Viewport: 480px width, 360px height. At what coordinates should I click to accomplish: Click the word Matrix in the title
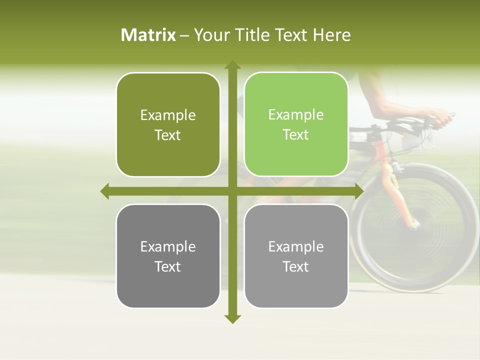click(x=148, y=35)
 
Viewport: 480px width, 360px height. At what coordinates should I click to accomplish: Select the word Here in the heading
click(x=332, y=35)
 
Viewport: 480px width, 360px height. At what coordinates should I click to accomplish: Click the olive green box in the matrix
click(x=168, y=125)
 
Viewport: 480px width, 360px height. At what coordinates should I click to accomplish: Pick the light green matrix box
click(x=296, y=124)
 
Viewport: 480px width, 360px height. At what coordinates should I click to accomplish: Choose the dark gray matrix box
click(x=168, y=256)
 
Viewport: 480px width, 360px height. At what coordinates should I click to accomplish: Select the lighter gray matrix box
click(x=296, y=256)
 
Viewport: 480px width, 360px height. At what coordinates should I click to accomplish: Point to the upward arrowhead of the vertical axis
click(x=232, y=65)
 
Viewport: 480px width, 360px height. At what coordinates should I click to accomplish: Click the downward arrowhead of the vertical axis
click(x=232, y=318)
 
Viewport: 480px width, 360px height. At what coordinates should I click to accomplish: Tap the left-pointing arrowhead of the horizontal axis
click(x=105, y=191)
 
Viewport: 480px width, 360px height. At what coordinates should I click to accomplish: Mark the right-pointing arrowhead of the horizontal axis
click(x=359, y=191)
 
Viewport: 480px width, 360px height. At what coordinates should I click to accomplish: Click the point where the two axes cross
click(x=232, y=191)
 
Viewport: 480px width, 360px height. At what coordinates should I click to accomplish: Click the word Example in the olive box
click(x=168, y=115)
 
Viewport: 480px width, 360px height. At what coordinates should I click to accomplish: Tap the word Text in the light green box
click(x=296, y=135)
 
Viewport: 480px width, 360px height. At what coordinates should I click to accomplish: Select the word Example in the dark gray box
click(x=168, y=246)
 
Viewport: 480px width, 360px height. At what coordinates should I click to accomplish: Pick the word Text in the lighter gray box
click(x=296, y=266)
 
